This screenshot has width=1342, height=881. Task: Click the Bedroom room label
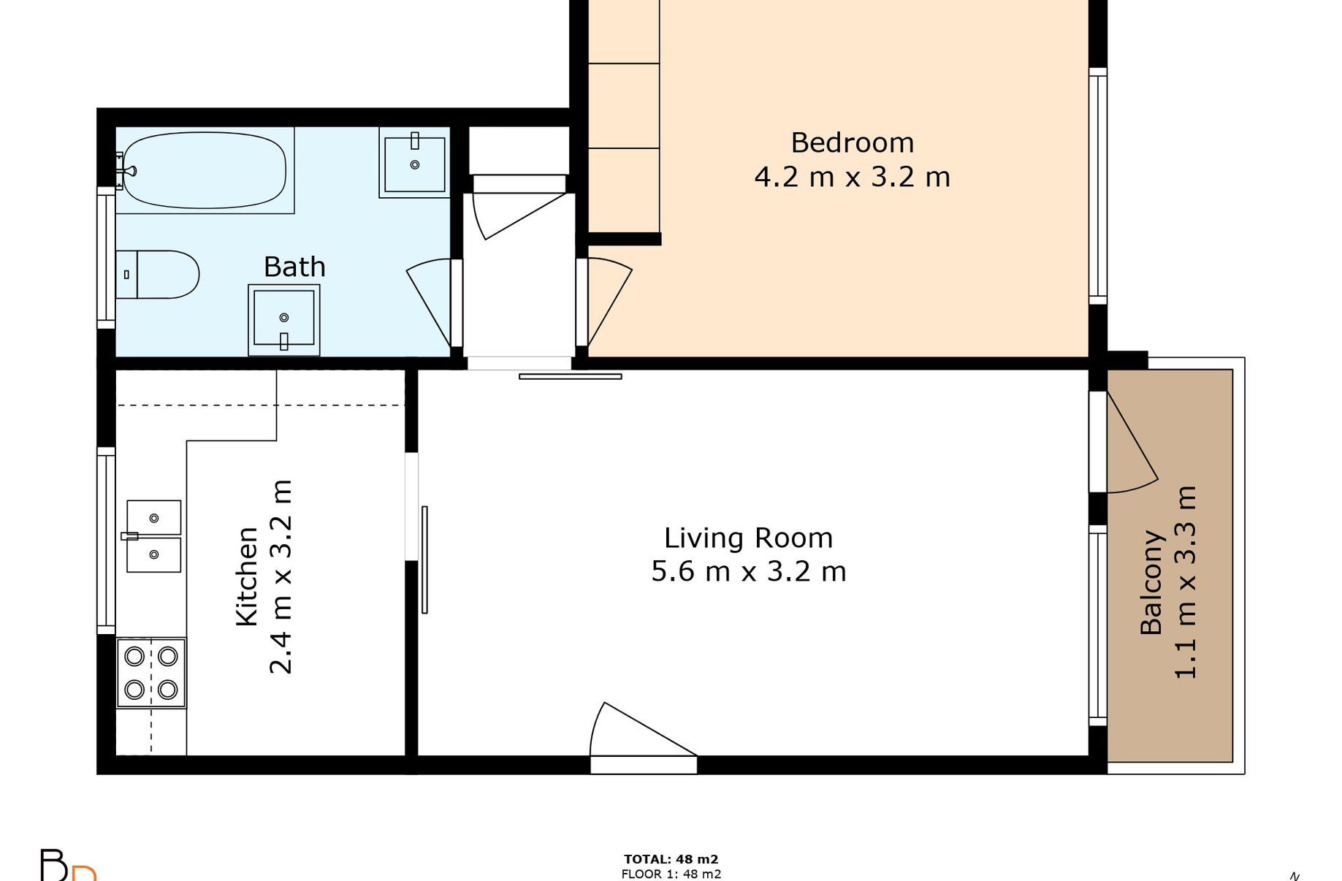pyautogui.click(x=853, y=143)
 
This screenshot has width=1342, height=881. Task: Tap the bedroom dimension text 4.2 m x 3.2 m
pyautogui.click(x=853, y=178)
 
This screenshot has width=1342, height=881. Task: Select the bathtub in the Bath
pyautogui.click(x=205, y=170)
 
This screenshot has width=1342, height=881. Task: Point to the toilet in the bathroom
pyautogui.click(x=158, y=275)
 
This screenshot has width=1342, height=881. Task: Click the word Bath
pyautogui.click(x=294, y=267)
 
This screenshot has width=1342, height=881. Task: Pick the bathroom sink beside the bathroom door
pyautogui.click(x=284, y=320)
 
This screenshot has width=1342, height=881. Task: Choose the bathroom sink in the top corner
pyautogui.click(x=414, y=162)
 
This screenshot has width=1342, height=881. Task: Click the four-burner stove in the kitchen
pyautogui.click(x=152, y=673)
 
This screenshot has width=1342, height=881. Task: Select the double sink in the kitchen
pyautogui.click(x=153, y=536)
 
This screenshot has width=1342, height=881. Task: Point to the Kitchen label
pyautogui.click(x=248, y=576)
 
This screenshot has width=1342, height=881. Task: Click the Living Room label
pyautogui.click(x=749, y=538)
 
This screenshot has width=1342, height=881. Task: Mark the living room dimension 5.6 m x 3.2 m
pyautogui.click(x=749, y=572)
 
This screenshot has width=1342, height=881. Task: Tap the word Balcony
pyautogui.click(x=1151, y=582)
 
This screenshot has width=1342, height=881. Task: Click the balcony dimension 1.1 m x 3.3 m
pyautogui.click(x=1186, y=582)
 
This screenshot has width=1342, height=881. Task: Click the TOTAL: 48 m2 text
pyautogui.click(x=671, y=860)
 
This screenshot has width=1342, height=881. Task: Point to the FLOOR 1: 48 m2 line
pyautogui.click(x=671, y=874)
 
